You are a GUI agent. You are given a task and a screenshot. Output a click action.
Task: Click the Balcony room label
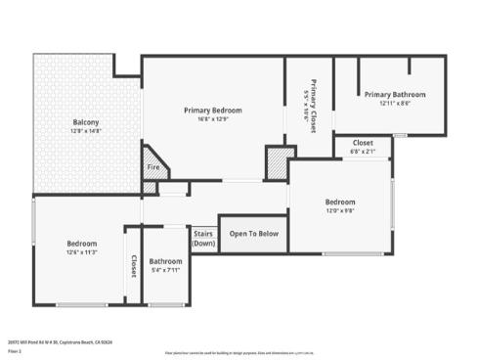(86, 122)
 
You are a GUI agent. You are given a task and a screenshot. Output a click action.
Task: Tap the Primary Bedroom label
(212, 110)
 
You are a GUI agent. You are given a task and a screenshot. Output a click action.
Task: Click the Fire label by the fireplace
(152, 167)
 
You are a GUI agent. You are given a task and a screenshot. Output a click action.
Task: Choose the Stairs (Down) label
(202, 238)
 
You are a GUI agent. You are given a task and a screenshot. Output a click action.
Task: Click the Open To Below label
(253, 234)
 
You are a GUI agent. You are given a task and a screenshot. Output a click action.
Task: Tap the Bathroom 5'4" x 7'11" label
(165, 261)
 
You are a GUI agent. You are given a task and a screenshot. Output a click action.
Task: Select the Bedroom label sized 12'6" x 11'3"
(81, 243)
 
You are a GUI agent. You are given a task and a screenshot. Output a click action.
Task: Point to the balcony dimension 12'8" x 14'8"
(86, 130)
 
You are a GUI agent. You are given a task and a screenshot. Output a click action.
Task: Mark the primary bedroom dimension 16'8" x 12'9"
(212, 118)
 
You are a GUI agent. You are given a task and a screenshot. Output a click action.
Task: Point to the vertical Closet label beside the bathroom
(134, 266)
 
